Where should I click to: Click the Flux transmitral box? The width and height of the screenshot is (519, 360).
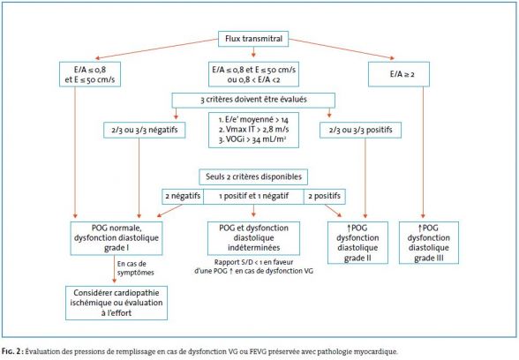(253, 39)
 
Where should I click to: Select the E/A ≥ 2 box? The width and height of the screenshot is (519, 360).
(399, 74)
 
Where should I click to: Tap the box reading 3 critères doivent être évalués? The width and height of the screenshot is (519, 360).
(253, 100)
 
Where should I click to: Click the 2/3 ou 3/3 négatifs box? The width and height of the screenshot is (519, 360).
(145, 130)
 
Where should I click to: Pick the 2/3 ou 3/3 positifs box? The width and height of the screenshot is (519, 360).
(360, 130)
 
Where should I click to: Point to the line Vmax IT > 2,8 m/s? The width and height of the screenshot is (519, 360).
(253, 130)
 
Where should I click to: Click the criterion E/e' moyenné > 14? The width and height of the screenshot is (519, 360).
(253, 119)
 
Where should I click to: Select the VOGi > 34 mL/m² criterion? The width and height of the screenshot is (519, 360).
(252, 139)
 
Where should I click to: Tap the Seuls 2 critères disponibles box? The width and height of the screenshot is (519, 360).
(253, 176)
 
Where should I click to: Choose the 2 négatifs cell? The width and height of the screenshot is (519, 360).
(183, 196)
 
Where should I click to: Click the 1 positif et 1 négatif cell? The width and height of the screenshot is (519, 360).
(253, 196)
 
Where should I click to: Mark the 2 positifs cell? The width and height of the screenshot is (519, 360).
(325, 196)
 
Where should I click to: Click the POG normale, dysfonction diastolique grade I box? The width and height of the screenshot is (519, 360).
(117, 238)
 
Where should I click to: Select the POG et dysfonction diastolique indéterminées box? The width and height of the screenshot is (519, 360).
(253, 238)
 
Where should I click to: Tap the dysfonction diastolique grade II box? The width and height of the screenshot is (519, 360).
(357, 243)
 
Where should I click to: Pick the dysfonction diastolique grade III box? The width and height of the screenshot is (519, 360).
(429, 243)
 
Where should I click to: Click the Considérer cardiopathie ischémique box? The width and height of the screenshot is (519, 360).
(117, 304)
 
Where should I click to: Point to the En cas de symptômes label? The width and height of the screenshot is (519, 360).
(135, 268)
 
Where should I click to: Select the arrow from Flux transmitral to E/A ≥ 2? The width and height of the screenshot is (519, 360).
(342, 49)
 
